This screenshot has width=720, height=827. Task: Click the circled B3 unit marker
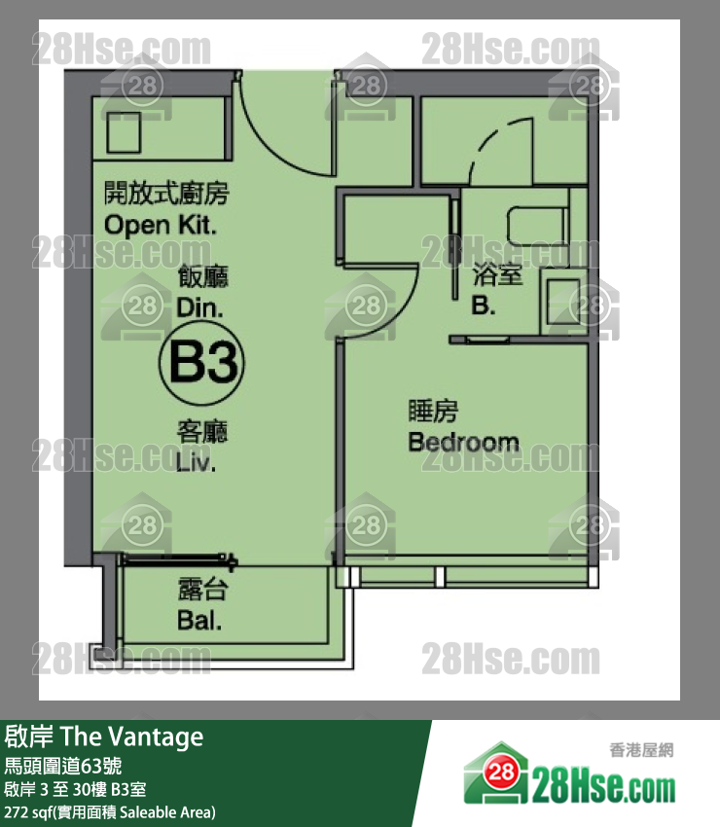201,362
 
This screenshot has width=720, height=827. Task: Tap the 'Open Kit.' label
161,225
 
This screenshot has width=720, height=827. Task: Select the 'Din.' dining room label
199,307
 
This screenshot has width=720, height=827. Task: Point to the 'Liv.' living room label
196,462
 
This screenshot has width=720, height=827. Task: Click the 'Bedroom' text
464,442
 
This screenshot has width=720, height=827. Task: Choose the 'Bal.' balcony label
199,621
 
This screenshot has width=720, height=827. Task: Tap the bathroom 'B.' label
484,305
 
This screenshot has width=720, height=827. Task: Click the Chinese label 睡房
433,412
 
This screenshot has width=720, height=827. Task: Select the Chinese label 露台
202,590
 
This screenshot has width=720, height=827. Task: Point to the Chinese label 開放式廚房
166,193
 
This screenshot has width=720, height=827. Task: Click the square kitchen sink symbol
124,132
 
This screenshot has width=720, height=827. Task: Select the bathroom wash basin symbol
563,302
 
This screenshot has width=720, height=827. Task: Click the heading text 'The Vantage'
132,737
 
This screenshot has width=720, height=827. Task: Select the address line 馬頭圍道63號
63,766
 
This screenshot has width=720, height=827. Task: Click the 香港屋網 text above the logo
641,749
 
